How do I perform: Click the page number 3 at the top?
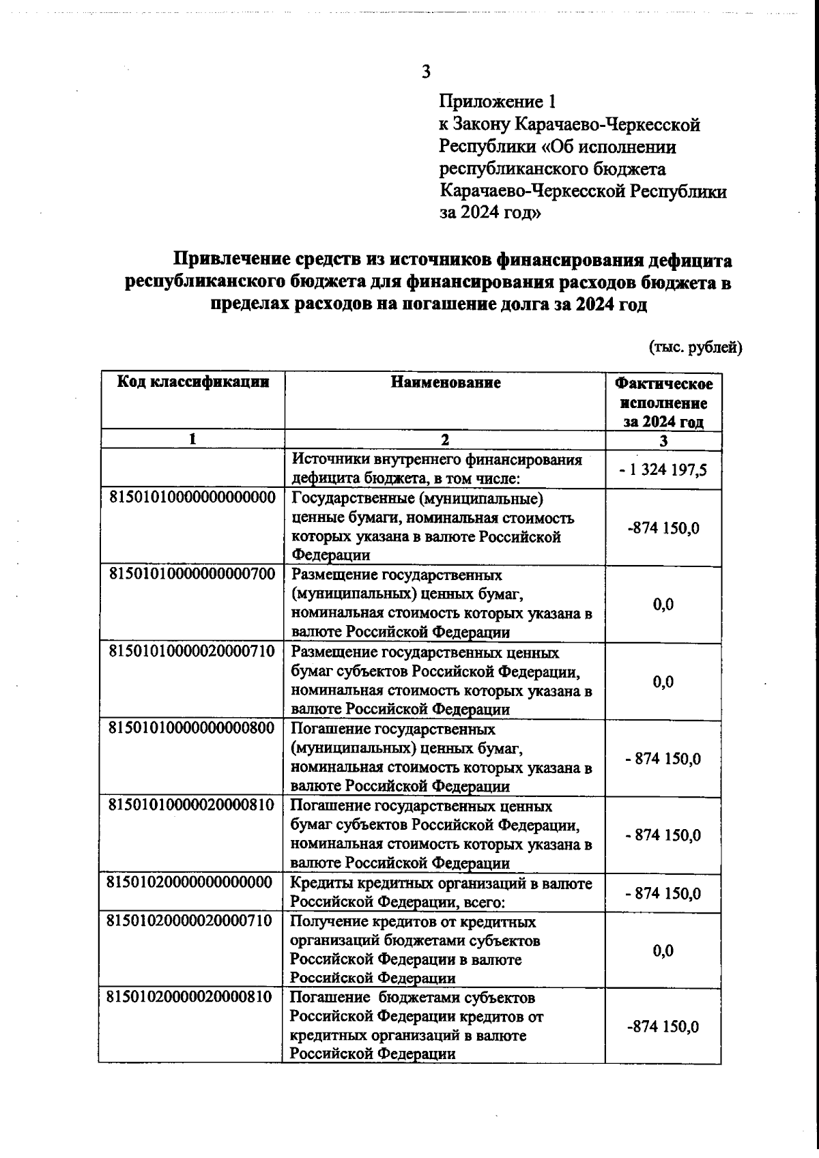tap(426, 72)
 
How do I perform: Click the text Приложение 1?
tap(497, 102)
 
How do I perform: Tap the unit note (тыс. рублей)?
tap(695, 347)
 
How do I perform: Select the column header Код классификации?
tap(193, 382)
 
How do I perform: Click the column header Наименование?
tap(446, 382)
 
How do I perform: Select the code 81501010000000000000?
tap(192, 497)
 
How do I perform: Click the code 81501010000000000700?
tap(192, 575)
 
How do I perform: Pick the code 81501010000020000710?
tap(192, 652)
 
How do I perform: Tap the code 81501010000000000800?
tap(192, 728)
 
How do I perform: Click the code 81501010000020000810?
tap(192, 805)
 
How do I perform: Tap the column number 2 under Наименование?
tap(446, 440)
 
